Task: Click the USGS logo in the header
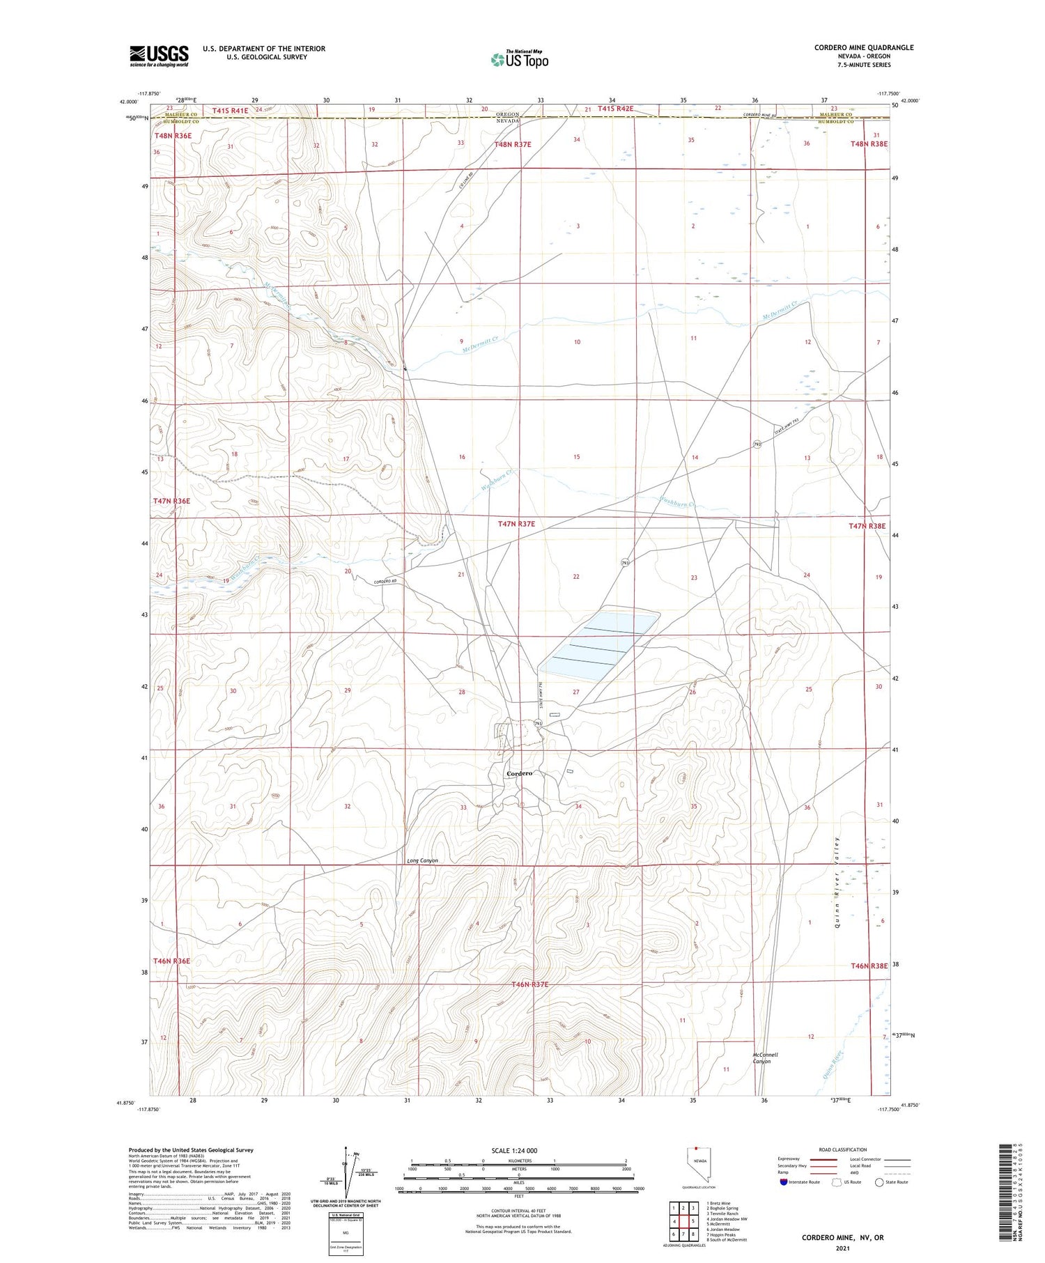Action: pos(159,56)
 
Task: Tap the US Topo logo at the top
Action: pos(520,59)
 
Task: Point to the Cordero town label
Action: pos(520,773)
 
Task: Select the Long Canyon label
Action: pos(423,860)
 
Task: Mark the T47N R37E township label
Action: pos(516,523)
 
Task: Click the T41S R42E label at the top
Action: pos(615,109)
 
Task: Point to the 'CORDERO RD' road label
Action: pos(385,582)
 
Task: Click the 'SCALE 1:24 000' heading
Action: pos(514,1150)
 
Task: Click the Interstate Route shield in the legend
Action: pos(784,1182)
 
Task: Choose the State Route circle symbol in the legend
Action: pos(879,1182)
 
